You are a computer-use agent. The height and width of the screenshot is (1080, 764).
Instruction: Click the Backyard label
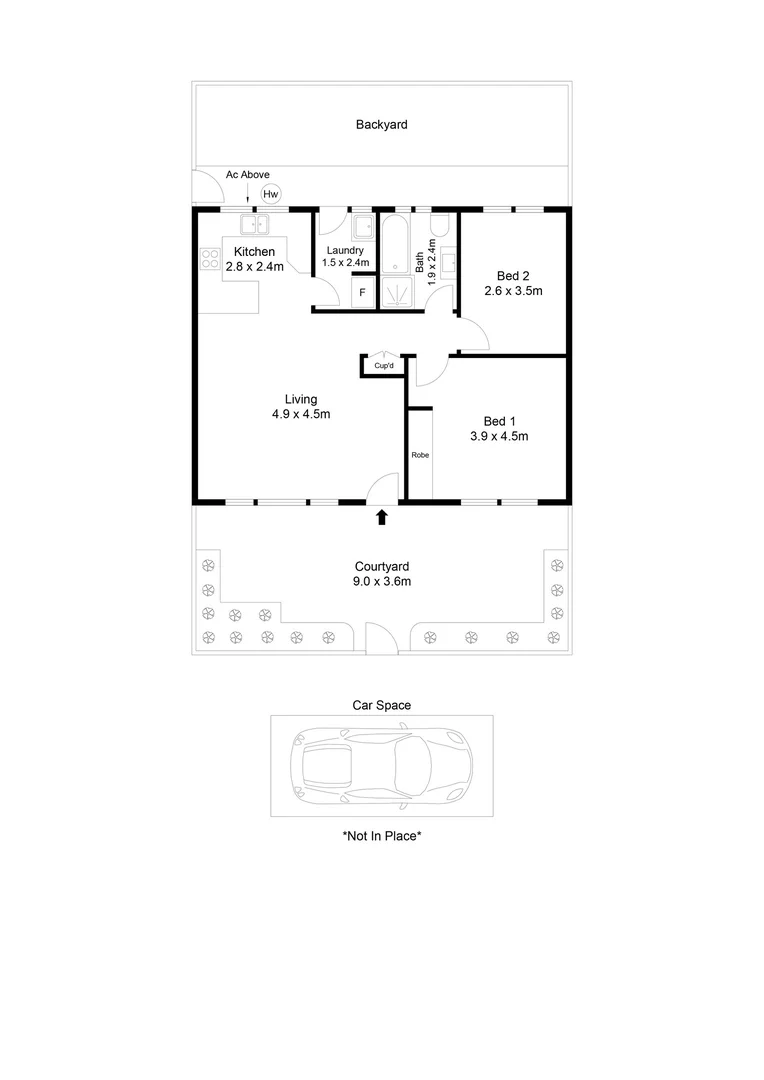(381, 125)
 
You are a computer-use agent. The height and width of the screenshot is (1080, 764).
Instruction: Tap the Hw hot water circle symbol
(271, 194)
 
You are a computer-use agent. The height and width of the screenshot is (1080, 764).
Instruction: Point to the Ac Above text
(247, 174)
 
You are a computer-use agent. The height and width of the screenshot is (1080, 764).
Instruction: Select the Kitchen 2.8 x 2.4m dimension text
(254, 267)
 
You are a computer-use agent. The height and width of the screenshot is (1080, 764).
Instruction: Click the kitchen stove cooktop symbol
(210, 260)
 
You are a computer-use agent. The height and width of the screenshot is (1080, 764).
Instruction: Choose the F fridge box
(362, 294)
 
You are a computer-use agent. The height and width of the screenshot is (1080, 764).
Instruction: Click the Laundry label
(344, 250)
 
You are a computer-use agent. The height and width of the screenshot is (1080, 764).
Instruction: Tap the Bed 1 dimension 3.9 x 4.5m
(499, 436)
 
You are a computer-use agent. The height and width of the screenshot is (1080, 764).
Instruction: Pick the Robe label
(420, 455)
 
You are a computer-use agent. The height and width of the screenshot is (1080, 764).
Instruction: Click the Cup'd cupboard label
(383, 367)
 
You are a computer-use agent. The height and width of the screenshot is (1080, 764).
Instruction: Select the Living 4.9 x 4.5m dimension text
(301, 414)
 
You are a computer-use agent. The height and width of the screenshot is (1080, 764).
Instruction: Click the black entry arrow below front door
(381, 517)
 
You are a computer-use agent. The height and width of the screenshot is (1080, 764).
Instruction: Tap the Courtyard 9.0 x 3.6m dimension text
(381, 581)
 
